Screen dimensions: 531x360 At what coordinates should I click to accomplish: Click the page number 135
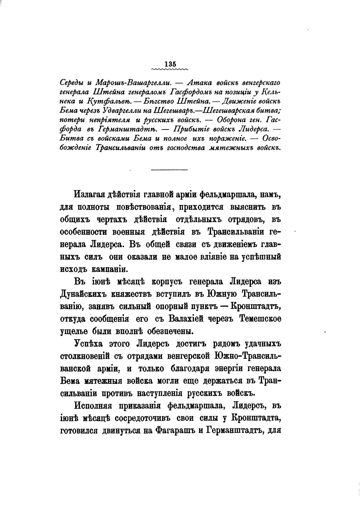[x=170, y=63]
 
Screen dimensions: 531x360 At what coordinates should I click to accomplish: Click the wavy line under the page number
[x=170, y=68]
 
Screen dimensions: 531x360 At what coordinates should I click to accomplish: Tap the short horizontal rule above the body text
[x=169, y=170]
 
